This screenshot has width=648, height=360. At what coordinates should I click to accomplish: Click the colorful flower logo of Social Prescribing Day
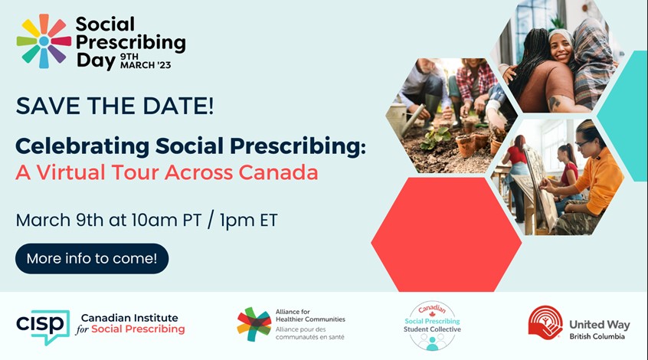(44, 41)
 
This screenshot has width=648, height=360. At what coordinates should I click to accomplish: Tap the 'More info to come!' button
(92, 259)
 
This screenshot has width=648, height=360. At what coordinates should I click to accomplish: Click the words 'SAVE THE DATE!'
(115, 106)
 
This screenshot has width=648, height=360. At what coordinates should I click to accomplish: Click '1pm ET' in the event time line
(248, 220)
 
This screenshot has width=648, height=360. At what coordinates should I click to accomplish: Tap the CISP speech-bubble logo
(43, 327)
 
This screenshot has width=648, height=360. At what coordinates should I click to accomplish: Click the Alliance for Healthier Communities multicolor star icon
(254, 325)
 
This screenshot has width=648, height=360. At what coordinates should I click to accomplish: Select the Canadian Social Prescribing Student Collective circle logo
(432, 326)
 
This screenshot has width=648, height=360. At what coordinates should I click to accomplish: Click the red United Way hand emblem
(545, 322)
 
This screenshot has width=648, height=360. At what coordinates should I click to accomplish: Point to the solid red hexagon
(447, 234)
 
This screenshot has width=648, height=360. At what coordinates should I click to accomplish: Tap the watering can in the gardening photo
(406, 119)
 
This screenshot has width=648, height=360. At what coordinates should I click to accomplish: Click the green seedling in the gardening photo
(436, 137)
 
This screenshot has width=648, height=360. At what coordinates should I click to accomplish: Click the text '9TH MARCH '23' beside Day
(146, 61)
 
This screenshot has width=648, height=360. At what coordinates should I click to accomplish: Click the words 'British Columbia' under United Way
(597, 336)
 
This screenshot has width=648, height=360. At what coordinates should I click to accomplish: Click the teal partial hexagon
(624, 116)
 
